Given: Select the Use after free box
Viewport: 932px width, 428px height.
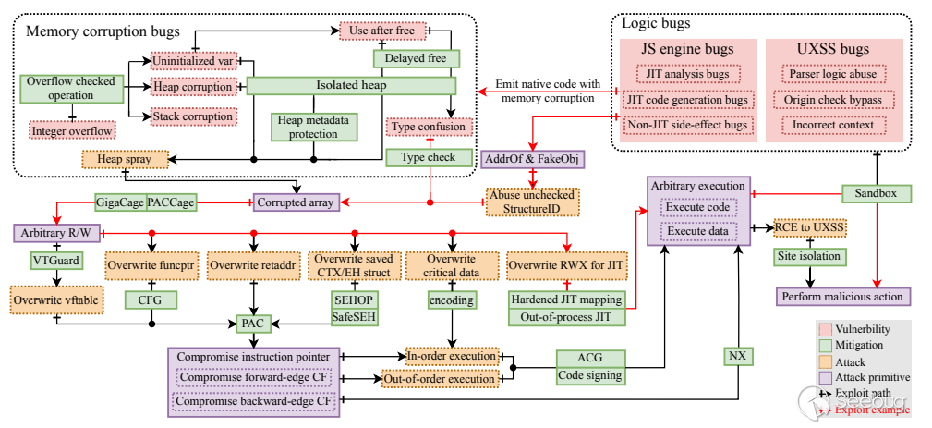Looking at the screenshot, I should tap(381, 31).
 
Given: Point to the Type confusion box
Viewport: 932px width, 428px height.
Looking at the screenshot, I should tap(429, 128).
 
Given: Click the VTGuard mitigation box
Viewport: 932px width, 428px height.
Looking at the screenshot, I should tap(55, 262).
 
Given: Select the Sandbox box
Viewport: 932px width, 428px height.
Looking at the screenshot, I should tap(877, 193).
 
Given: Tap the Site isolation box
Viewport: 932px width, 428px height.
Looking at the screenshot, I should tap(811, 256).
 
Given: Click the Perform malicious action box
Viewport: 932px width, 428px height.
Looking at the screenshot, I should tap(841, 296).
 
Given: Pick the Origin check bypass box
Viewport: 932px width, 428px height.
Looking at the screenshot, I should tap(832, 99).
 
